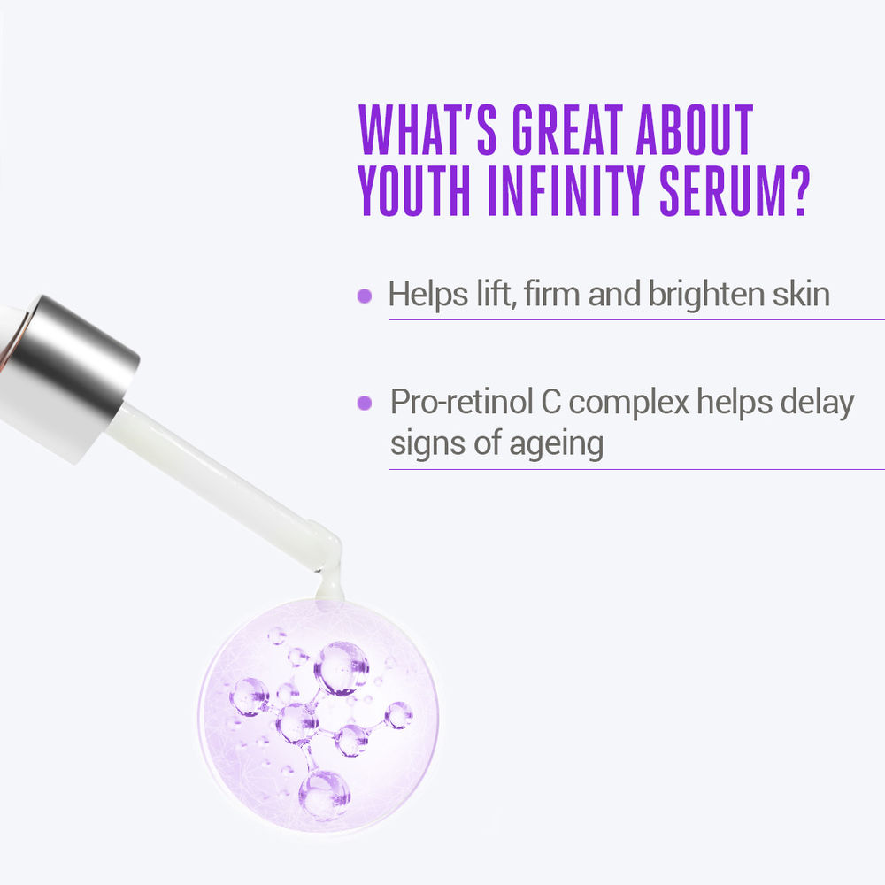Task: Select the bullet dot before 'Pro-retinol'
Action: pyautogui.click(x=364, y=404)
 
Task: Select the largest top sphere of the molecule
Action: pyautogui.click(x=342, y=666)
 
